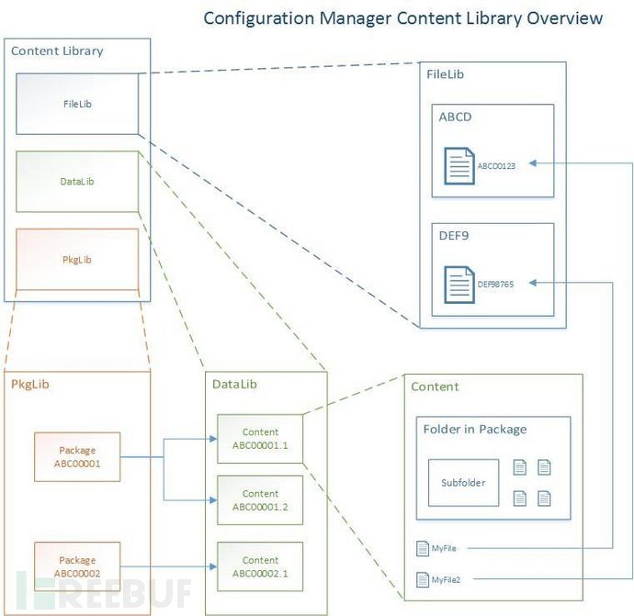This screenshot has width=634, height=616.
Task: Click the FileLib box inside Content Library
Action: [x=77, y=104]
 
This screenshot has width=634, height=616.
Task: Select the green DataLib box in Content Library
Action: [x=77, y=182]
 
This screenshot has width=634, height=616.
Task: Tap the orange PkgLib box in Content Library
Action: [x=77, y=259]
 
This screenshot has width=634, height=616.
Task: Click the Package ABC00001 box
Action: [x=77, y=457]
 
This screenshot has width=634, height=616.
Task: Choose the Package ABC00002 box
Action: [x=77, y=566]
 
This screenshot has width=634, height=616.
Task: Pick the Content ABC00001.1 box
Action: [x=260, y=439]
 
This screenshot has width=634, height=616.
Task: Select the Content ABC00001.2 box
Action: [x=260, y=500]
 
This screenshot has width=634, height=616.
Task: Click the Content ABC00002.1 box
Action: [x=260, y=566]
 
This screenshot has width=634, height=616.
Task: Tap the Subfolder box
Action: [x=463, y=483]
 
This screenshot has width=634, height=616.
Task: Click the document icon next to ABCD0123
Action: [x=459, y=166]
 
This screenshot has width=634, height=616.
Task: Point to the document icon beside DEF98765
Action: [x=459, y=285]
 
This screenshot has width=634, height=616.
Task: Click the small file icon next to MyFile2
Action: [x=423, y=579]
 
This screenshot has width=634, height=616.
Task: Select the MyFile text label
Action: [x=444, y=548]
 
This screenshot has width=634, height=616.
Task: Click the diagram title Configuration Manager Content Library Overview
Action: [x=403, y=18]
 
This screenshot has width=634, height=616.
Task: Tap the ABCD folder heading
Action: [x=455, y=118]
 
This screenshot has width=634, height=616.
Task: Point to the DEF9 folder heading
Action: [x=454, y=236]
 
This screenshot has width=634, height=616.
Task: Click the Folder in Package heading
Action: [x=475, y=429]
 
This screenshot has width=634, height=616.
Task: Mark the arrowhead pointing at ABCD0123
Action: [x=533, y=163]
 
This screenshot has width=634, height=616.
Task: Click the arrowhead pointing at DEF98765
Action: [x=533, y=283]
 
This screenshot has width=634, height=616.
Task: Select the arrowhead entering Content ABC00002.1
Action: [x=213, y=566]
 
